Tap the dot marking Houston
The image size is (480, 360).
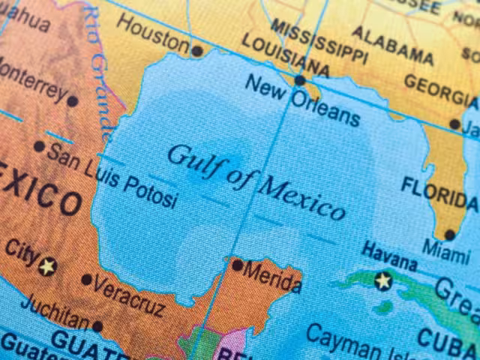[x=196, y=51]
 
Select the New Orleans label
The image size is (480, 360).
[x=302, y=100]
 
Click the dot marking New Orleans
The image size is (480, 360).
[x=300, y=79]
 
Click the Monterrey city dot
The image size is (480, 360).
[x=72, y=100]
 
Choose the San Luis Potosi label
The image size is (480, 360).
[x=112, y=174]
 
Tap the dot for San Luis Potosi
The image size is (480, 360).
[x=39, y=146]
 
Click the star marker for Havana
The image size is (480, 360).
[x=383, y=281]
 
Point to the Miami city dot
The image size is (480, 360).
[x=449, y=234]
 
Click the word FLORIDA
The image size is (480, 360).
[x=439, y=193]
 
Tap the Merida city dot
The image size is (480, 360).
[x=237, y=265]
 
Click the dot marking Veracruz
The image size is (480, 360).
[x=87, y=280]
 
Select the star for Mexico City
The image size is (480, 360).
[x=48, y=265]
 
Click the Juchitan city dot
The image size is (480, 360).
[x=97, y=326]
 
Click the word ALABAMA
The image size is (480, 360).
[x=392, y=45]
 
